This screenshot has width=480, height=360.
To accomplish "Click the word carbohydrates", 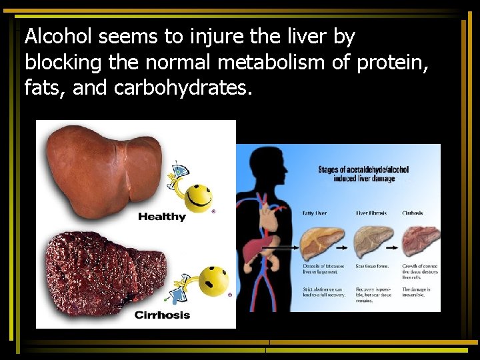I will pos(183,87).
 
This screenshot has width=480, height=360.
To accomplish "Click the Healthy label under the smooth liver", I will pos(161,217).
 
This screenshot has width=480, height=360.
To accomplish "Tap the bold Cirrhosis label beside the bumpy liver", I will pos(162,315).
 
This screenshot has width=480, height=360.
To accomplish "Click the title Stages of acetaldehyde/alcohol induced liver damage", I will pos(363,174).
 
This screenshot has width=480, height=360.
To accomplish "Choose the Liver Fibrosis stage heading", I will pos(371,213).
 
